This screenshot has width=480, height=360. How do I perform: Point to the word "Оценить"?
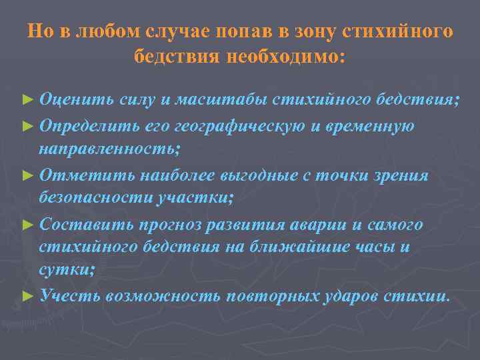coord(76,101)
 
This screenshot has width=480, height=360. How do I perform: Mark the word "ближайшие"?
coord(318,248)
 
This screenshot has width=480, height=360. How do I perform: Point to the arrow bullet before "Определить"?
coord(27,126)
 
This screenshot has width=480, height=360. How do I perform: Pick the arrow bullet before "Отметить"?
coord(27,176)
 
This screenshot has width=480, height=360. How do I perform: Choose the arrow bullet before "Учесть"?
coord(27,295)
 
